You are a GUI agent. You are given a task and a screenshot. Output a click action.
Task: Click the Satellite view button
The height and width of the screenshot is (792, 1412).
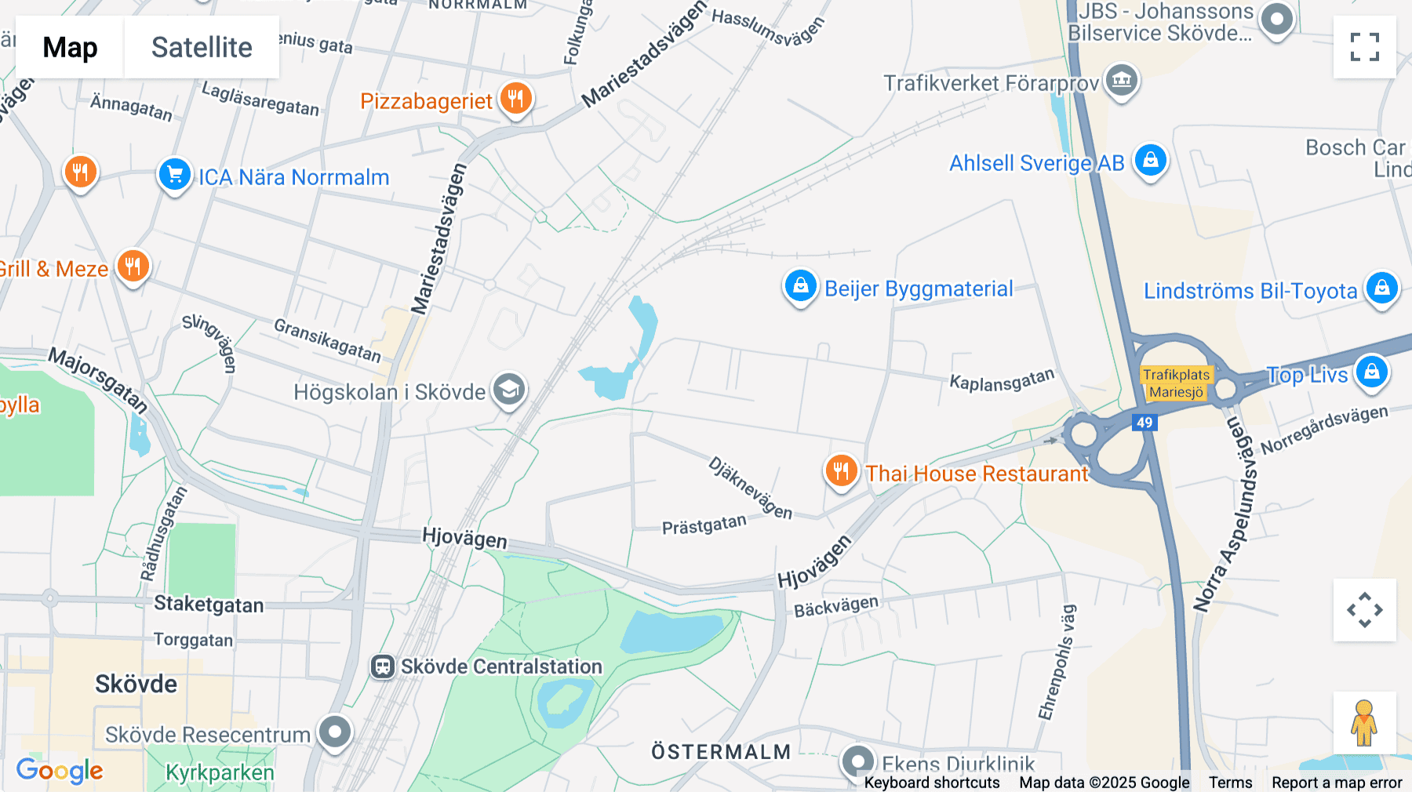tap(202, 47)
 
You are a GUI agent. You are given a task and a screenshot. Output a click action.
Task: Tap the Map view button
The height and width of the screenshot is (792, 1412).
tap(70, 47)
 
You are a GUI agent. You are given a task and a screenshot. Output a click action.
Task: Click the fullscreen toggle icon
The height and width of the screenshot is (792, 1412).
tap(1364, 47)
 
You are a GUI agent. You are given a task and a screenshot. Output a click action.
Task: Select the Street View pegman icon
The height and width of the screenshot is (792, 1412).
tap(1364, 722)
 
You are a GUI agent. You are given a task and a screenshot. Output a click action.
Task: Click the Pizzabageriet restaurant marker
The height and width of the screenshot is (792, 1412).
tap(515, 100)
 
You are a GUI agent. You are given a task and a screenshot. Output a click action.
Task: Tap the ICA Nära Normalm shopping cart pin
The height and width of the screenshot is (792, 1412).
tap(175, 175)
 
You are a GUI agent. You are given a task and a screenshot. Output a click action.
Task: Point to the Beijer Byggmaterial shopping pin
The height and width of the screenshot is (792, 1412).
tap(800, 287)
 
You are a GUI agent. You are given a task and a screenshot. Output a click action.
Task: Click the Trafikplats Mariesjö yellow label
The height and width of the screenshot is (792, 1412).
tap(1176, 383)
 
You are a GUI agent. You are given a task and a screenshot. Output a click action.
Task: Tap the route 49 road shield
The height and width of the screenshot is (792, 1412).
tap(1145, 423)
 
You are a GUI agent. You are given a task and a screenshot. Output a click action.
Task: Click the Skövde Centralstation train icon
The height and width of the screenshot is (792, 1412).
tap(383, 667)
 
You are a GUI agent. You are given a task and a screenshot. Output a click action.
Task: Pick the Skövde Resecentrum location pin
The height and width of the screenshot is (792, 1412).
tap(335, 732)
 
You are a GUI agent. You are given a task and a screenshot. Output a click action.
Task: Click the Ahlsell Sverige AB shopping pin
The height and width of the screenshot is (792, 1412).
tap(1150, 161)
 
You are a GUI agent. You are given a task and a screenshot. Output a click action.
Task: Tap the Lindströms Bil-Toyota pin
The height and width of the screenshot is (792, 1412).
tap(1381, 289)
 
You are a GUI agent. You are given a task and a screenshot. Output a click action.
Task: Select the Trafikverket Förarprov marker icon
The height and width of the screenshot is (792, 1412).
tap(1122, 80)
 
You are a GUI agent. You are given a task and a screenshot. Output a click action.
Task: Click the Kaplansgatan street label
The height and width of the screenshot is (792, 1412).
tap(1002, 380)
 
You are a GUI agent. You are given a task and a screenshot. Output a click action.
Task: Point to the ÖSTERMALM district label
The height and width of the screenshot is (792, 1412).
tap(721, 752)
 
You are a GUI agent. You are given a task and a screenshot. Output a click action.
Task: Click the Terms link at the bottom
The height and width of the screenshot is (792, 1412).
tap(1230, 783)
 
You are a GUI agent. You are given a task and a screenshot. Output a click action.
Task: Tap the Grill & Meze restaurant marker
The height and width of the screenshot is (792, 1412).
tap(133, 267)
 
